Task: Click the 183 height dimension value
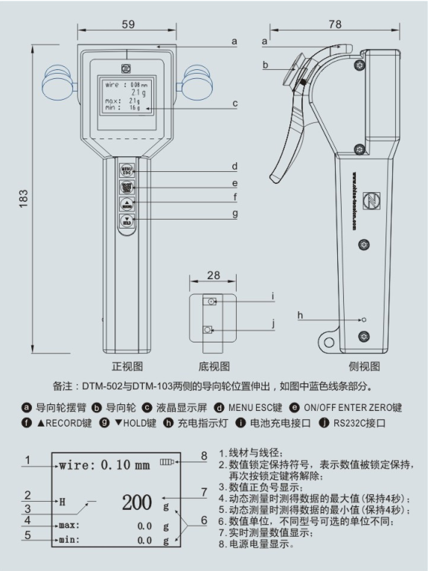coord(24,197)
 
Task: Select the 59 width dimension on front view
coord(128,25)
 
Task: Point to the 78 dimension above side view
coord(335,25)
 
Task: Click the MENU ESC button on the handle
coord(127,170)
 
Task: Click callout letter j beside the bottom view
coord(272,324)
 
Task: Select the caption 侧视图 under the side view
coord(364,366)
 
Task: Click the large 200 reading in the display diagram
coord(138,502)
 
